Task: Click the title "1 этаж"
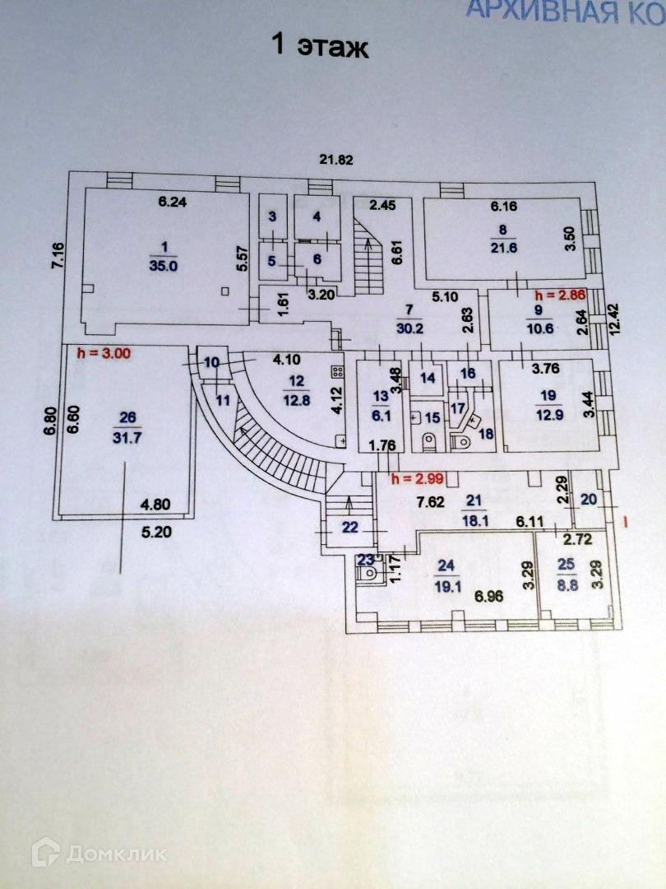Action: coord(320,47)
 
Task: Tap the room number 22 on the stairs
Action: coord(350,528)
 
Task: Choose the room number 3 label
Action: coord(273,216)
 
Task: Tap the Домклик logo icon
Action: coord(46,852)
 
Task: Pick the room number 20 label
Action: coord(589,498)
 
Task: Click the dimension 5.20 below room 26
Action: coord(156,532)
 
